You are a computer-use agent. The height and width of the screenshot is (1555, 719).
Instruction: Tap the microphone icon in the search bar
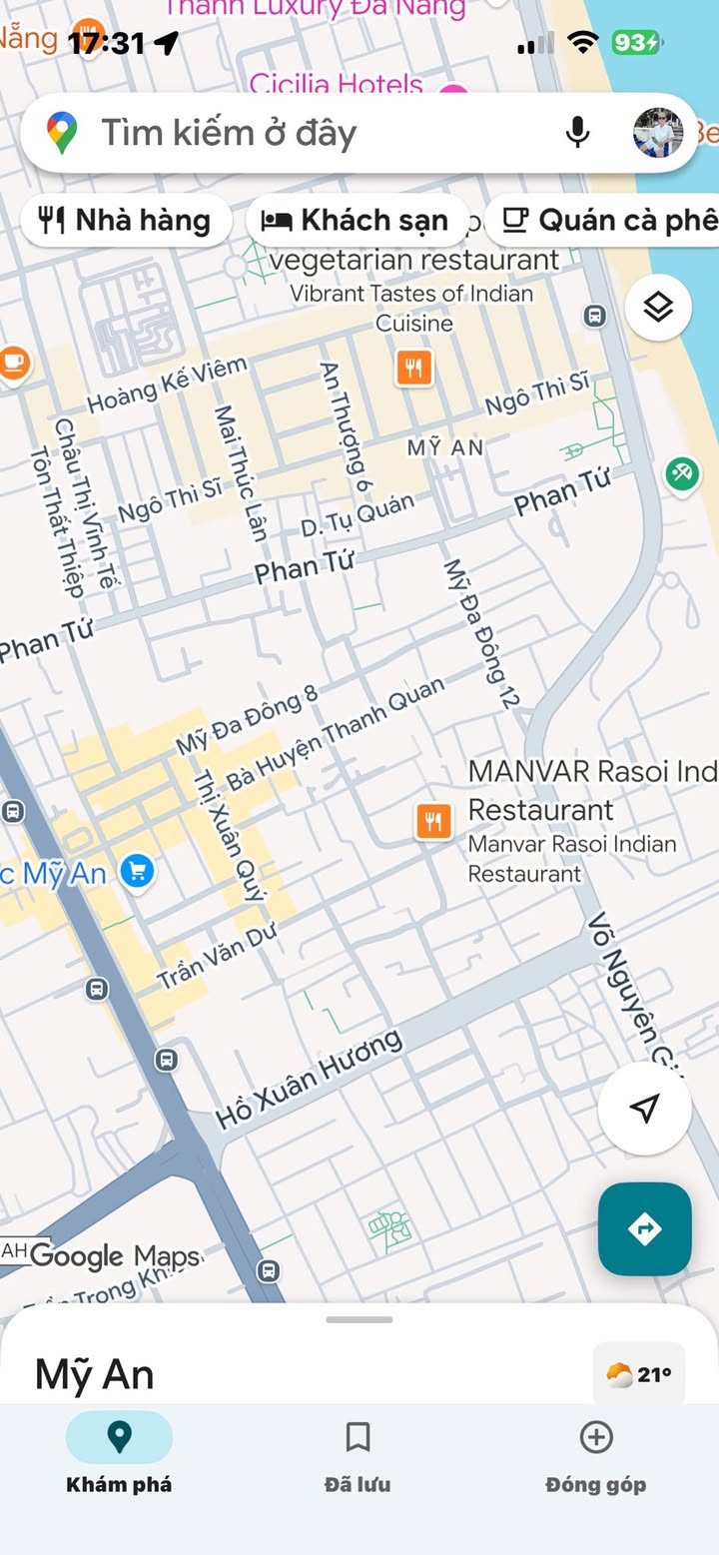(x=577, y=133)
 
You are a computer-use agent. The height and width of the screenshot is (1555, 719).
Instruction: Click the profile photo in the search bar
(x=658, y=133)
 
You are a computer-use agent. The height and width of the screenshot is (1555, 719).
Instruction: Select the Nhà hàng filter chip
(x=125, y=221)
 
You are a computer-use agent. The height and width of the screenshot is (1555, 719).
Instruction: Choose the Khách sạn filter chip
(x=356, y=221)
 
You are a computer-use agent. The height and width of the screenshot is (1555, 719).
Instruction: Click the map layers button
(x=658, y=307)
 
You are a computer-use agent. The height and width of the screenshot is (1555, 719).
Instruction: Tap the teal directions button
(x=645, y=1228)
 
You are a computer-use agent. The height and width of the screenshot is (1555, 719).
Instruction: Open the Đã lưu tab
(x=358, y=1454)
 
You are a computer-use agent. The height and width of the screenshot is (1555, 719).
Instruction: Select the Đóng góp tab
(x=596, y=1454)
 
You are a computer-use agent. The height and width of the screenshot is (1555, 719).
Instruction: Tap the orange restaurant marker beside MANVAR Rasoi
(x=433, y=822)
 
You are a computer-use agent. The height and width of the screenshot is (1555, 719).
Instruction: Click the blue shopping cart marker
(x=137, y=871)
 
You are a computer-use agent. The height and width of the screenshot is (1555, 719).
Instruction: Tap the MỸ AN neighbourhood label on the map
(x=445, y=447)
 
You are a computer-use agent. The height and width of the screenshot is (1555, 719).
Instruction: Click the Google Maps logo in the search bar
(x=62, y=133)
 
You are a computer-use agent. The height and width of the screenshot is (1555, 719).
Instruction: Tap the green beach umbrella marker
(x=683, y=472)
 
